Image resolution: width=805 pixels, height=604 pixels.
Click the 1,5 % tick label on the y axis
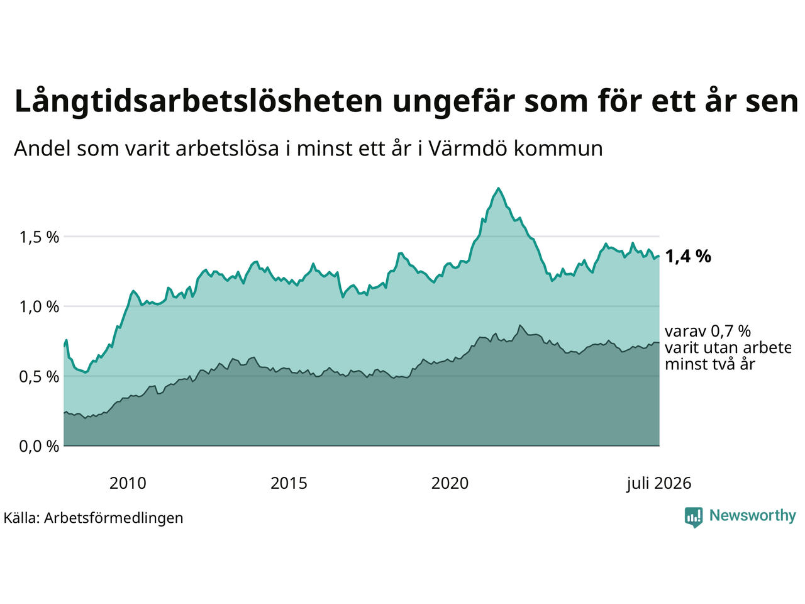pos(39,238)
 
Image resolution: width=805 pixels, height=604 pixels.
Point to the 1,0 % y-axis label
pos(39,307)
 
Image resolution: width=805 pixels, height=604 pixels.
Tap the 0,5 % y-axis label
pos(39,377)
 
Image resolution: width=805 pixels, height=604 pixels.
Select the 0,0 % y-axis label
pos(39,446)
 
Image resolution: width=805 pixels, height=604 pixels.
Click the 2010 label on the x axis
pos(128,483)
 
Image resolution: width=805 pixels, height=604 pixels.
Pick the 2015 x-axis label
pos(289,483)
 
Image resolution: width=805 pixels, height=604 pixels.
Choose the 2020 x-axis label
pos(450,483)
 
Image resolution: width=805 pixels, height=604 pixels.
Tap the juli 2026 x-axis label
pos(658,483)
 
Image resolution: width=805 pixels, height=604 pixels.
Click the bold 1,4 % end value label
pos(688,256)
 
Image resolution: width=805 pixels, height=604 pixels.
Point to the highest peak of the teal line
pos(498,188)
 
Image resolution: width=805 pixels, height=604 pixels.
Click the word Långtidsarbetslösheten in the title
pos(198,101)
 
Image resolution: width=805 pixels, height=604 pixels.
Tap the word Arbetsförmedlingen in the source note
pos(114,518)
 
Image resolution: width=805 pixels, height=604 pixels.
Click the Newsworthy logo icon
pos(694,517)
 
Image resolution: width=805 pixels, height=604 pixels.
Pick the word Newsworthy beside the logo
pos(753,515)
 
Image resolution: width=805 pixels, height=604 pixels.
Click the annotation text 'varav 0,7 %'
pos(708,331)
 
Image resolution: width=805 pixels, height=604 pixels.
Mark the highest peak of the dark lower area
pos(519,325)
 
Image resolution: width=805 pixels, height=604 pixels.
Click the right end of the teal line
pos(659,256)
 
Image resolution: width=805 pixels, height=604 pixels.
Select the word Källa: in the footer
pos(21,518)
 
